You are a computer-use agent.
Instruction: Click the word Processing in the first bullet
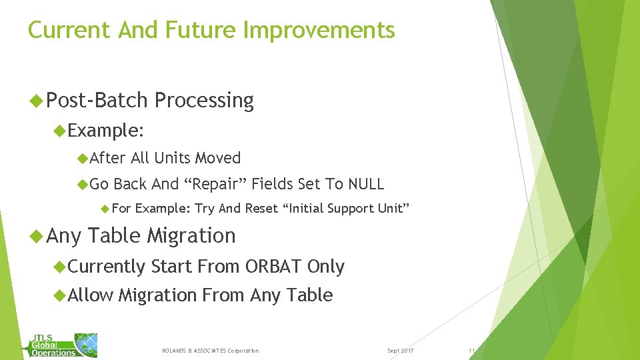[204, 101]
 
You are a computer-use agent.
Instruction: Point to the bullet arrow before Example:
[61, 131]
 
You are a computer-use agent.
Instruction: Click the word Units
[173, 158]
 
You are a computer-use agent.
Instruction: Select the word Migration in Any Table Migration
[191, 236]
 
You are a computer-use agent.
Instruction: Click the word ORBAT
[273, 267]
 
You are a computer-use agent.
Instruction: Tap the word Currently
[107, 267]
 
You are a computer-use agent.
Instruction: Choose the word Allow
[91, 295]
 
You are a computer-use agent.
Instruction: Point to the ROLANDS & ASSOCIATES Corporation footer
[211, 351]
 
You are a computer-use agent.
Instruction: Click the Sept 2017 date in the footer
[400, 351]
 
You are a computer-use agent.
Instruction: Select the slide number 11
[471, 351]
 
